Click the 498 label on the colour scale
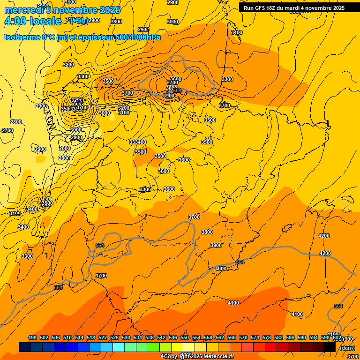click(32, 337)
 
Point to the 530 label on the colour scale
click(126, 337)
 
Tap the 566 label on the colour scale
click(232, 337)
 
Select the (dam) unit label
click(347, 348)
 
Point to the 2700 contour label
click(7, 130)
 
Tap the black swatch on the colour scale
click(330, 347)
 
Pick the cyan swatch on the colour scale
click(119, 347)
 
